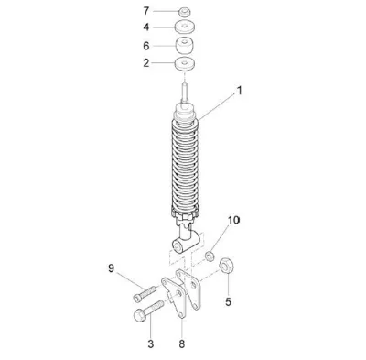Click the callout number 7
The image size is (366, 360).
(x=146, y=11)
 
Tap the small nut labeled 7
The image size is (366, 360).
(x=185, y=13)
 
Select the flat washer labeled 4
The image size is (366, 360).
(x=185, y=27)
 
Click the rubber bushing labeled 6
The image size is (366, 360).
(x=185, y=46)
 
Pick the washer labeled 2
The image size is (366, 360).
(x=185, y=64)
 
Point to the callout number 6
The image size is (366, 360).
(x=146, y=46)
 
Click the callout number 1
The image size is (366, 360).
(x=240, y=91)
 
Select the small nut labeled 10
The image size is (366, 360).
(x=209, y=256)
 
